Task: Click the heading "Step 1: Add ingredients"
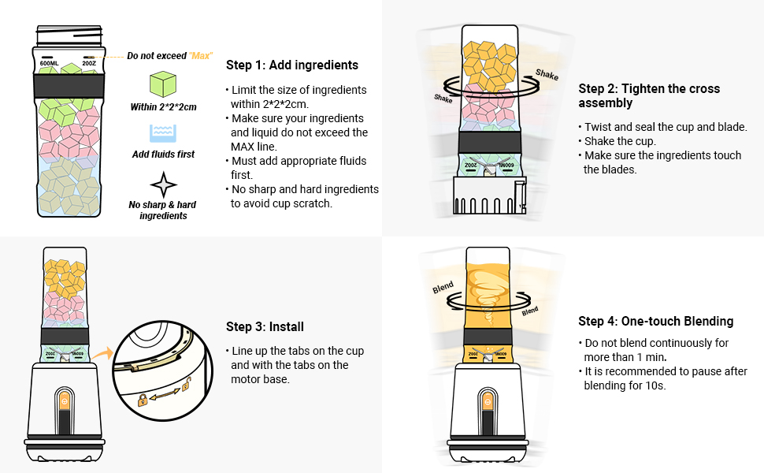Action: click(x=291, y=65)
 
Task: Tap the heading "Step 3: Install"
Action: click(x=265, y=326)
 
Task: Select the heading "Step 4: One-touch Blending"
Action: click(x=655, y=321)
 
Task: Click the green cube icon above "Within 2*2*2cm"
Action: click(x=163, y=84)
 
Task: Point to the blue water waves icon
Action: click(x=163, y=132)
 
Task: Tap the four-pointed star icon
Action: click(x=163, y=184)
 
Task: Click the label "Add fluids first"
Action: click(x=163, y=155)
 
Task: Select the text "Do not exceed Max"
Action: click(x=169, y=56)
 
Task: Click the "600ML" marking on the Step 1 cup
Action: click(x=50, y=63)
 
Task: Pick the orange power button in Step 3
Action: click(x=64, y=401)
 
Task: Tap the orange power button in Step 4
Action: click(x=488, y=401)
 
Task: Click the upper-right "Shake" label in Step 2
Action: click(x=547, y=75)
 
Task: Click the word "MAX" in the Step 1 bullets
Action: click(x=242, y=147)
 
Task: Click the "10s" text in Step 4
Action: click(x=653, y=385)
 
